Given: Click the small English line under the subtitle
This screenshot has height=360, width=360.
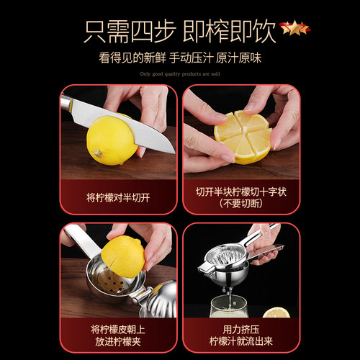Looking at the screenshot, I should (179, 73).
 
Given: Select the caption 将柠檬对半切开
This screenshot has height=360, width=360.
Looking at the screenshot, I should (118, 197).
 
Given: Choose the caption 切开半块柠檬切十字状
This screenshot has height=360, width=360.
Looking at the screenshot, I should (241, 192).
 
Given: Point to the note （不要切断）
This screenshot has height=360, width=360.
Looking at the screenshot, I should (241, 204).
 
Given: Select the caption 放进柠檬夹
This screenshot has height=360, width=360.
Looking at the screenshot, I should (118, 341).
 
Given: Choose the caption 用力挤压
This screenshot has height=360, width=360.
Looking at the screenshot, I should (241, 328).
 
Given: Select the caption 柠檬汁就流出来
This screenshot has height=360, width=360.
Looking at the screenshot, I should (241, 341).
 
